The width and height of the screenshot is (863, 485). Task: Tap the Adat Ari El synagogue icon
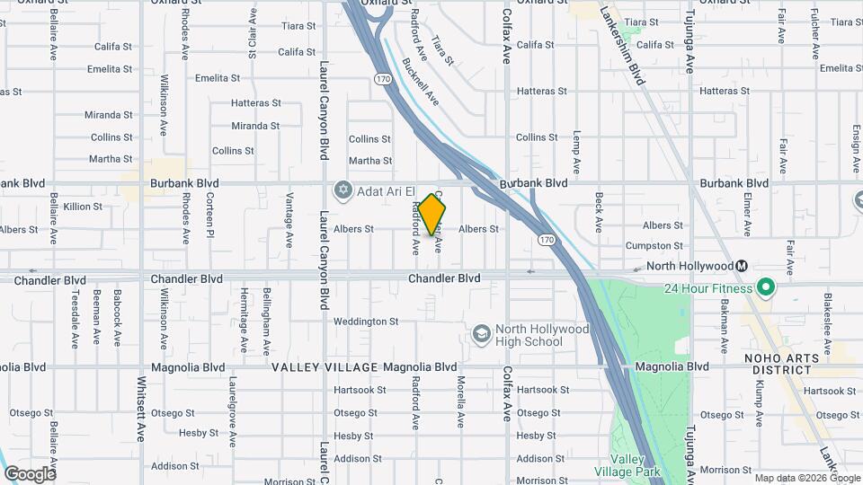[342, 190]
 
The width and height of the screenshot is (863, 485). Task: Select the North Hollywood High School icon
[481, 335]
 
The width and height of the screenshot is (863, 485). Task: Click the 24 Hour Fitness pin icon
[766, 288]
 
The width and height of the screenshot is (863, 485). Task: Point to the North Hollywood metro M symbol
[742, 266]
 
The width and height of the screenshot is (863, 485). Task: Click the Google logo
[30, 473]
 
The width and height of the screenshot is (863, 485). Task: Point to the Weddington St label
[366, 322]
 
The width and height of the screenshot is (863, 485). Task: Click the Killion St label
[83, 207]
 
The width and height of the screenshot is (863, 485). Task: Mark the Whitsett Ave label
[140, 420]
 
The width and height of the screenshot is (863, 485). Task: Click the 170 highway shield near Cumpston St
[546, 240]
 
